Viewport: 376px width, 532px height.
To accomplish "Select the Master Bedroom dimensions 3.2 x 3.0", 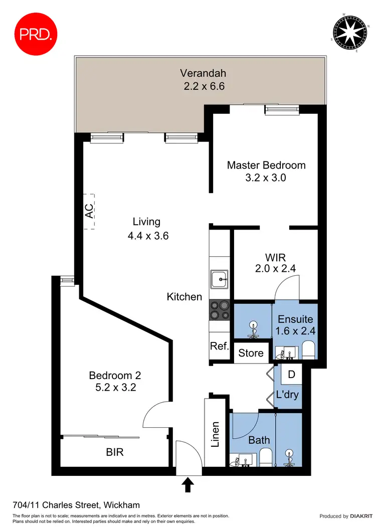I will (266, 178).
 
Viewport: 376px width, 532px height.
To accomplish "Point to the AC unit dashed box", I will (89, 212).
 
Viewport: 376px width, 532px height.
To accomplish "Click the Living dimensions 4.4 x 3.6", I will (147, 235).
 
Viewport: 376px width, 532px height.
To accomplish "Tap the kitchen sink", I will (219, 279).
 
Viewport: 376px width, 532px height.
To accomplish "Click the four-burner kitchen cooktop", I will (219, 309).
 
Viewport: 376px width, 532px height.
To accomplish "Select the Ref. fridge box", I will (220, 346).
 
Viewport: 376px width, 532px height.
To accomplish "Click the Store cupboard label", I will (251, 353).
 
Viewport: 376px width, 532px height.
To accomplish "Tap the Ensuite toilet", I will (309, 349).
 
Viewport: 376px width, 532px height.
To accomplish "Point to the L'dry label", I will (287, 395).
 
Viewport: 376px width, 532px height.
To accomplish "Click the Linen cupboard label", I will (216, 434).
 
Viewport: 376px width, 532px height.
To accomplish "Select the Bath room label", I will (259, 440).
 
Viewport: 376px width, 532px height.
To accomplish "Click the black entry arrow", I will (188, 484).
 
